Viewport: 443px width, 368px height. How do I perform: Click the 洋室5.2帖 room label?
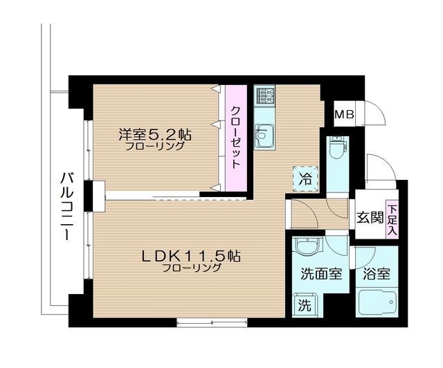click(x=154, y=133)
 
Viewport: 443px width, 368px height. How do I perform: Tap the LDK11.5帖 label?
click(x=191, y=255)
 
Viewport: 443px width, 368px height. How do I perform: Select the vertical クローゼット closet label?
click(x=235, y=137)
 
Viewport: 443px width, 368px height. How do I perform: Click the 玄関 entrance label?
click(x=370, y=217)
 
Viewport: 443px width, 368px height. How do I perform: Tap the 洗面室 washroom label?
click(x=320, y=273)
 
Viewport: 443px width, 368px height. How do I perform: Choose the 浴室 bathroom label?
click(x=376, y=273)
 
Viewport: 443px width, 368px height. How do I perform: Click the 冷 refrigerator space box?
click(x=305, y=177)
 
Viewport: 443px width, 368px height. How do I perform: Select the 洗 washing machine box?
click(x=305, y=303)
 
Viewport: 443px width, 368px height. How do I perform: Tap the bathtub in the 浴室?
click(x=377, y=305)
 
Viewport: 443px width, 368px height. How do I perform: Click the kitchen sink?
click(x=264, y=135)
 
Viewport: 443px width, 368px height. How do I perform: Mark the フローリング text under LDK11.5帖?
click(x=191, y=269)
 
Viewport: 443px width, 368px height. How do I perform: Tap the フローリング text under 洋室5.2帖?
click(x=154, y=146)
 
